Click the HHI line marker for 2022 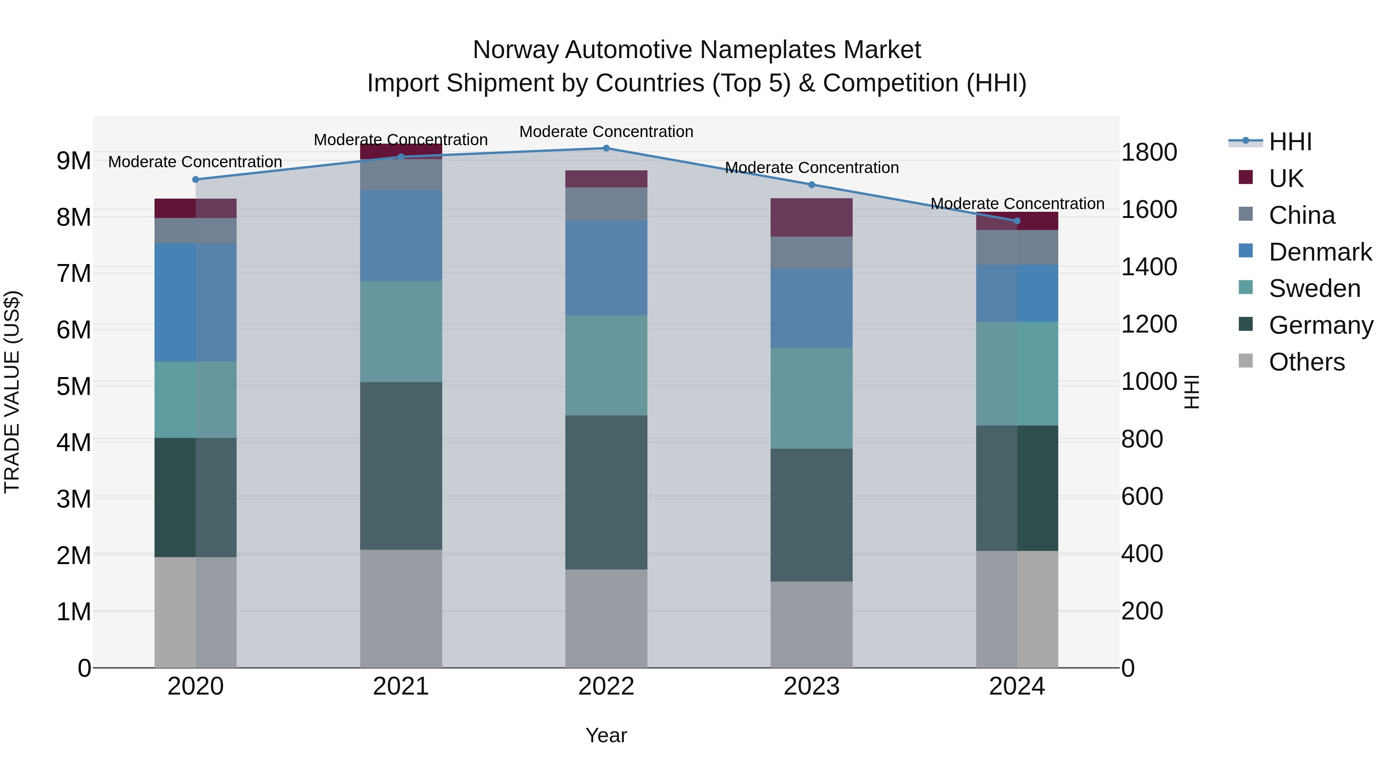[x=606, y=148]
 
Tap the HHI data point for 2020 [x=196, y=179]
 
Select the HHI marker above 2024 [x=1017, y=221]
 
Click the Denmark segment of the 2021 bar [x=401, y=235]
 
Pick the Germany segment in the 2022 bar [x=606, y=492]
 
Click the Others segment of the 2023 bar [x=811, y=624]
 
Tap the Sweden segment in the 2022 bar [x=606, y=365]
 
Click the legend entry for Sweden [x=1314, y=288]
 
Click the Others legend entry [x=1306, y=362]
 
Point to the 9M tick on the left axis [x=74, y=161]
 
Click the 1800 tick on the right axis [x=1149, y=152]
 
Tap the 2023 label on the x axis [x=811, y=686]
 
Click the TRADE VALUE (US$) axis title [x=12, y=392]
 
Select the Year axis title [x=606, y=735]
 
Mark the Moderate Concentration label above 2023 [x=811, y=168]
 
